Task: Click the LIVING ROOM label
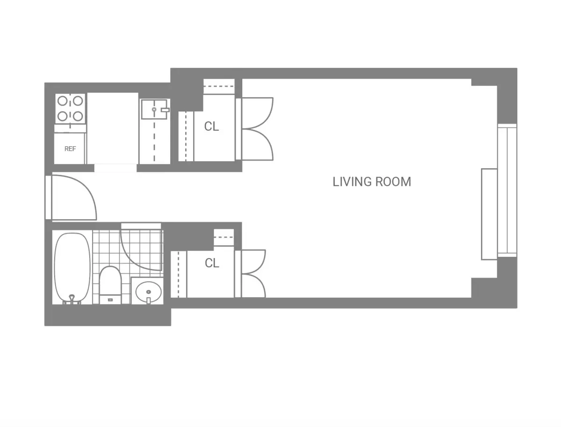pos(372,182)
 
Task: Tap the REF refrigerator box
pos(70,149)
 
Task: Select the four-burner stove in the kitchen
pos(70,108)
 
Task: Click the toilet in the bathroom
pos(110,283)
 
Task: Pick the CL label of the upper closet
pos(211,127)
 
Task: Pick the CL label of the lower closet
pos(212,263)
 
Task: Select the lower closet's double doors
pos(252,274)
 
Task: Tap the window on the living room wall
pos(507,190)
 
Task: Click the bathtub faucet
pos(72,298)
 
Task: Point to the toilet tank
pos(110,299)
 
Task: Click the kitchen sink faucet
pos(163,110)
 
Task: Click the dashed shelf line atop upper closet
pos(219,86)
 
